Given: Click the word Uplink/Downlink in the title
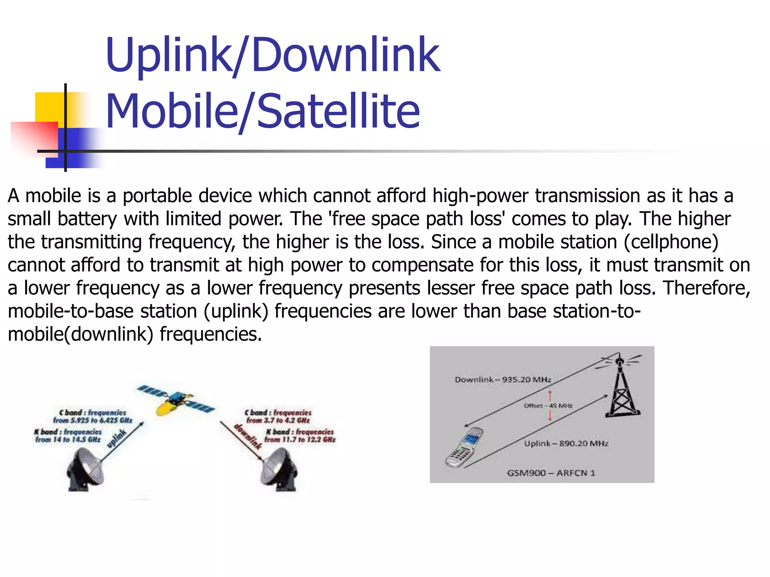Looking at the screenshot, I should pyautogui.click(x=272, y=55).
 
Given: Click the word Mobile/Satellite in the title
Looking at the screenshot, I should pyautogui.click(x=262, y=111).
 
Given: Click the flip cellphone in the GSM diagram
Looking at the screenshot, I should pyautogui.click(x=464, y=447).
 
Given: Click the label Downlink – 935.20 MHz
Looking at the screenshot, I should pyautogui.click(x=503, y=379).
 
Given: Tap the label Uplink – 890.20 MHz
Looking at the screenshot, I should pyautogui.click(x=566, y=443).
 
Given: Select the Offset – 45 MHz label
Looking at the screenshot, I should pyautogui.click(x=548, y=406).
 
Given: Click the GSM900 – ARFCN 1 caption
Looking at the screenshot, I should pyautogui.click(x=551, y=473).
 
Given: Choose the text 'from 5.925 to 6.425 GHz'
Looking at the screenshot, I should pyautogui.click(x=92, y=420).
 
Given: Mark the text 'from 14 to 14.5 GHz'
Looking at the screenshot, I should pyautogui.click(x=68, y=440).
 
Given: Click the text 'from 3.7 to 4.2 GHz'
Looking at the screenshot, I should pyautogui.click(x=278, y=420).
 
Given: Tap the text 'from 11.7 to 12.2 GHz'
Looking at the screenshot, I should pyautogui.click(x=300, y=440).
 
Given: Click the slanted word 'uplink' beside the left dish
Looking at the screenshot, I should pyautogui.click(x=116, y=439).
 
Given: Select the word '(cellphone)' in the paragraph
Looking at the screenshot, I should pyautogui.click(x=671, y=242).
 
